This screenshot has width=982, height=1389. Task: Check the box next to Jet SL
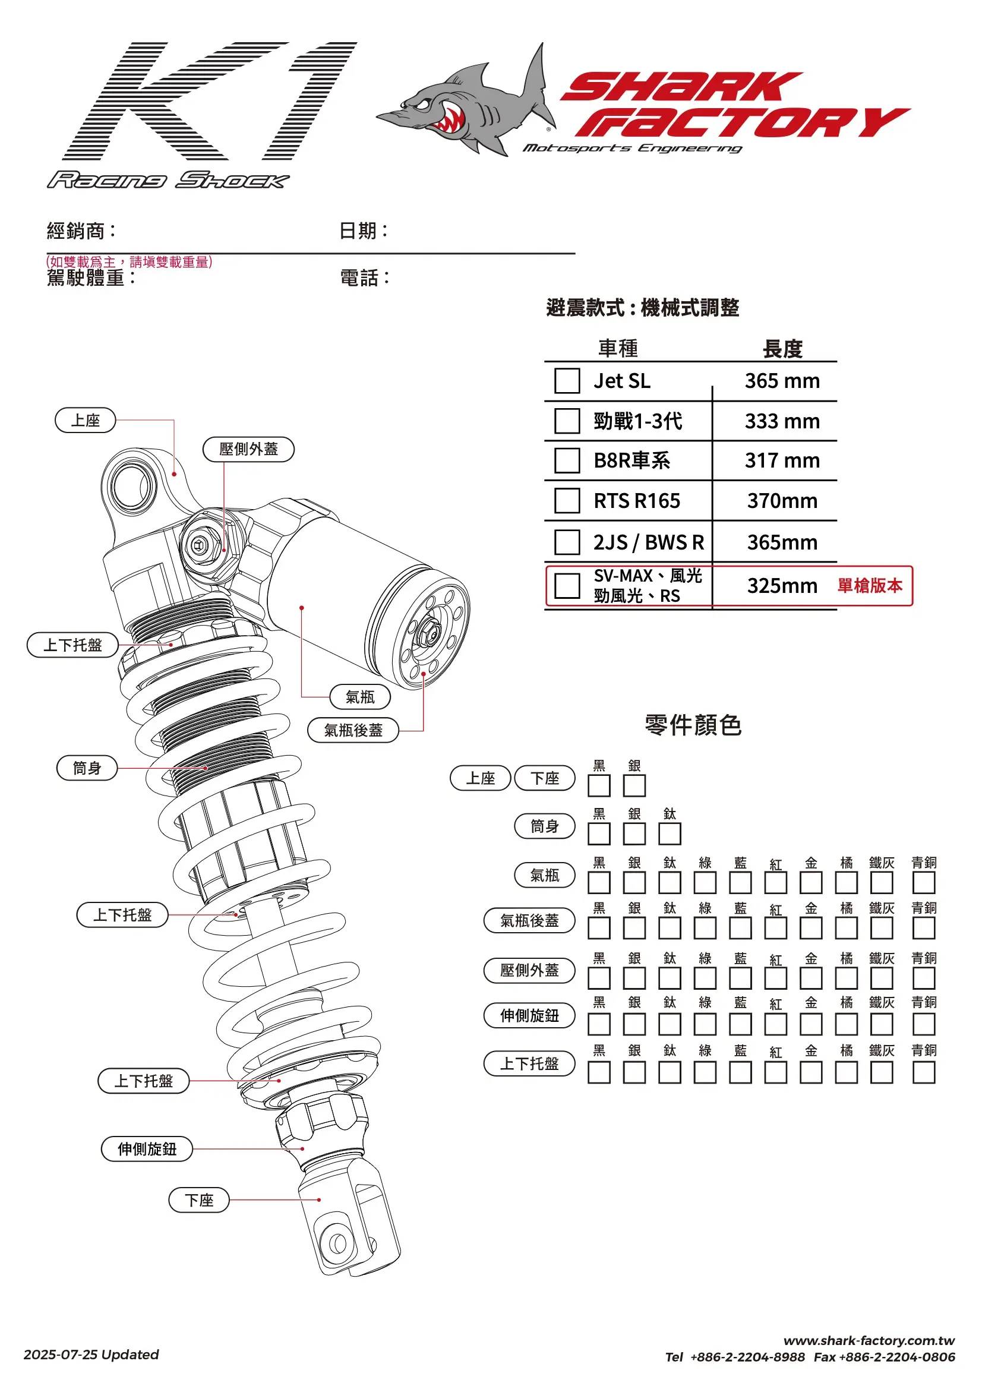(567, 381)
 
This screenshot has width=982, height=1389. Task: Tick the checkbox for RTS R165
(567, 500)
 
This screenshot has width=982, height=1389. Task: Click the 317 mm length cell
(782, 460)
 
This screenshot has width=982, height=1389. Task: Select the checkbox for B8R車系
(567, 460)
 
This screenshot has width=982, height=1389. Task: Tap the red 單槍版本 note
(870, 586)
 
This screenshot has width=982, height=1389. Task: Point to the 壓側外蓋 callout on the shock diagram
(248, 450)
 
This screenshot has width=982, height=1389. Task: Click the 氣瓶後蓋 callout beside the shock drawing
(353, 730)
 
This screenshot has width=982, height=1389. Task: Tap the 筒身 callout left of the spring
(87, 768)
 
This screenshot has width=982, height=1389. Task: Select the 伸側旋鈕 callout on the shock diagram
(147, 1149)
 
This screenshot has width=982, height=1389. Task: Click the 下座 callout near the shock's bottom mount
(199, 1200)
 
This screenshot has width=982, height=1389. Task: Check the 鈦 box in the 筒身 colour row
(669, 834)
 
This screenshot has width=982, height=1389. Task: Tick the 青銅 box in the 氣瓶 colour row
(923, 883)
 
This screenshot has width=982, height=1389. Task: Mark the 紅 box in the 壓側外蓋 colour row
(775, 978)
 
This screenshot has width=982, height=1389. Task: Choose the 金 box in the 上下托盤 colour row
(811, 1072)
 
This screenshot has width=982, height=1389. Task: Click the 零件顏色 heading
(693, 725)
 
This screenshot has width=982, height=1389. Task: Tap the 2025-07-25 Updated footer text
(91, 1355)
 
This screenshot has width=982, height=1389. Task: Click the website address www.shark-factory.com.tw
(869, 1341)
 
